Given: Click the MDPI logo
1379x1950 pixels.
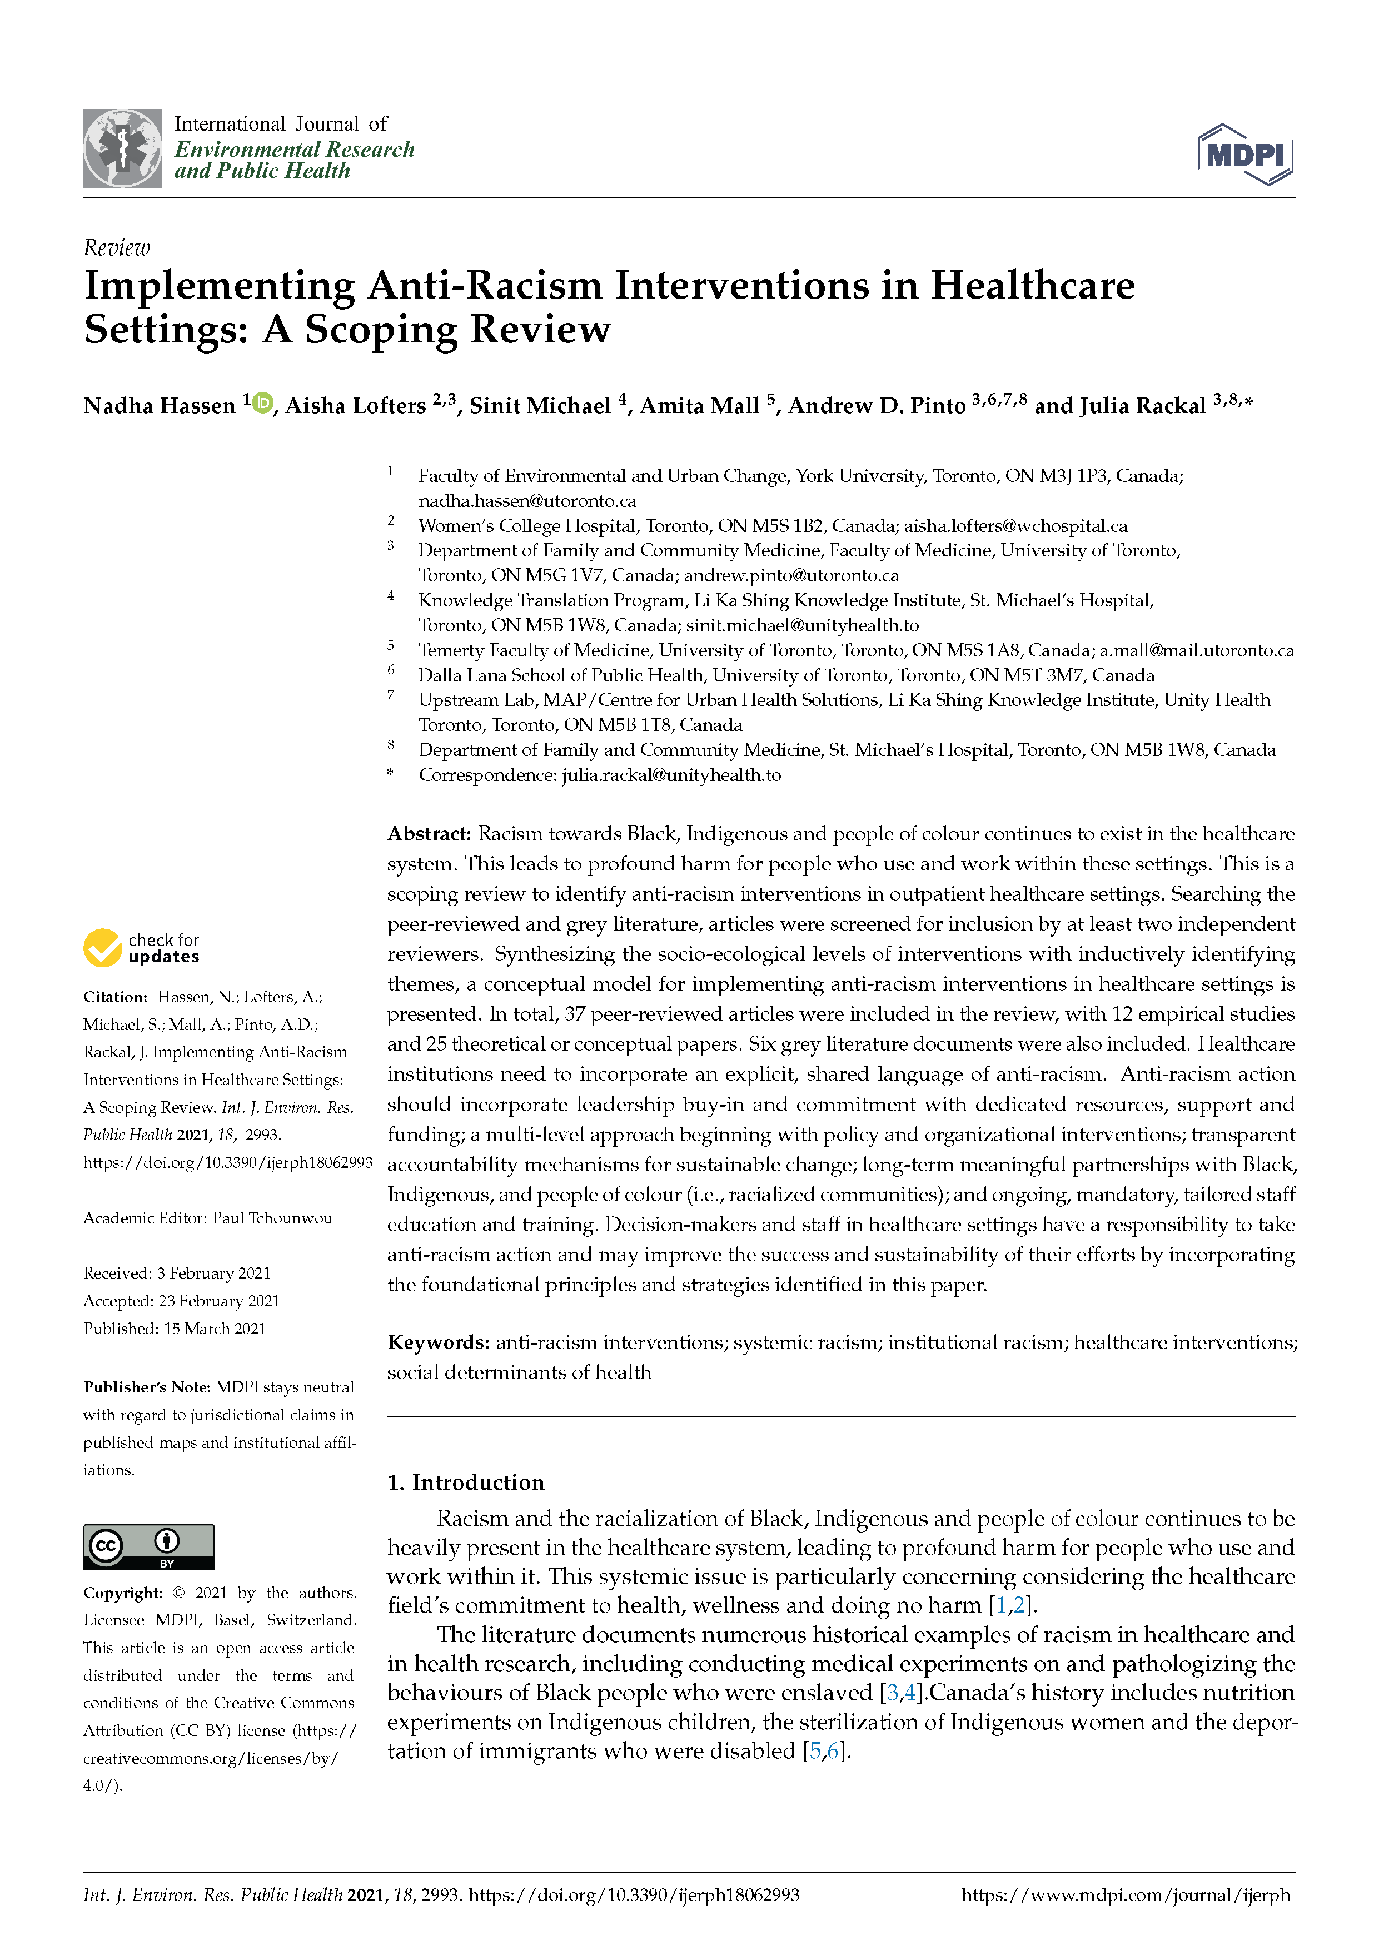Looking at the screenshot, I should [1245, 154].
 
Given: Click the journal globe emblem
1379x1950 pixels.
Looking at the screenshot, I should [122, 148].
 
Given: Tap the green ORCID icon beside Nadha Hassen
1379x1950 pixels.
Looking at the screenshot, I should [262, 402].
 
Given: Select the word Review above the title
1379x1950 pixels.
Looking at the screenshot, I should [116, 248].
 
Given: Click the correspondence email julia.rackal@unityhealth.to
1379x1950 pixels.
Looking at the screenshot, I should [671, 774].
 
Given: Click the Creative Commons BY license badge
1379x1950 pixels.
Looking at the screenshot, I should [148, 1546].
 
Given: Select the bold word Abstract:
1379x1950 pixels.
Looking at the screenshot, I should [429, 834].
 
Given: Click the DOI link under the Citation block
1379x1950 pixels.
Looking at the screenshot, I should [227, 1163].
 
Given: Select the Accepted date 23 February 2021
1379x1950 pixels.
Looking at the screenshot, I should [219, 1300].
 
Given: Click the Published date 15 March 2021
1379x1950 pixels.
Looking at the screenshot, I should [215, 1329].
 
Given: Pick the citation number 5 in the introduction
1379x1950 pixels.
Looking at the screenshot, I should [815, 1751].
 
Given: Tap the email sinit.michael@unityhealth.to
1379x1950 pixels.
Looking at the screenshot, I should [803, 626].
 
